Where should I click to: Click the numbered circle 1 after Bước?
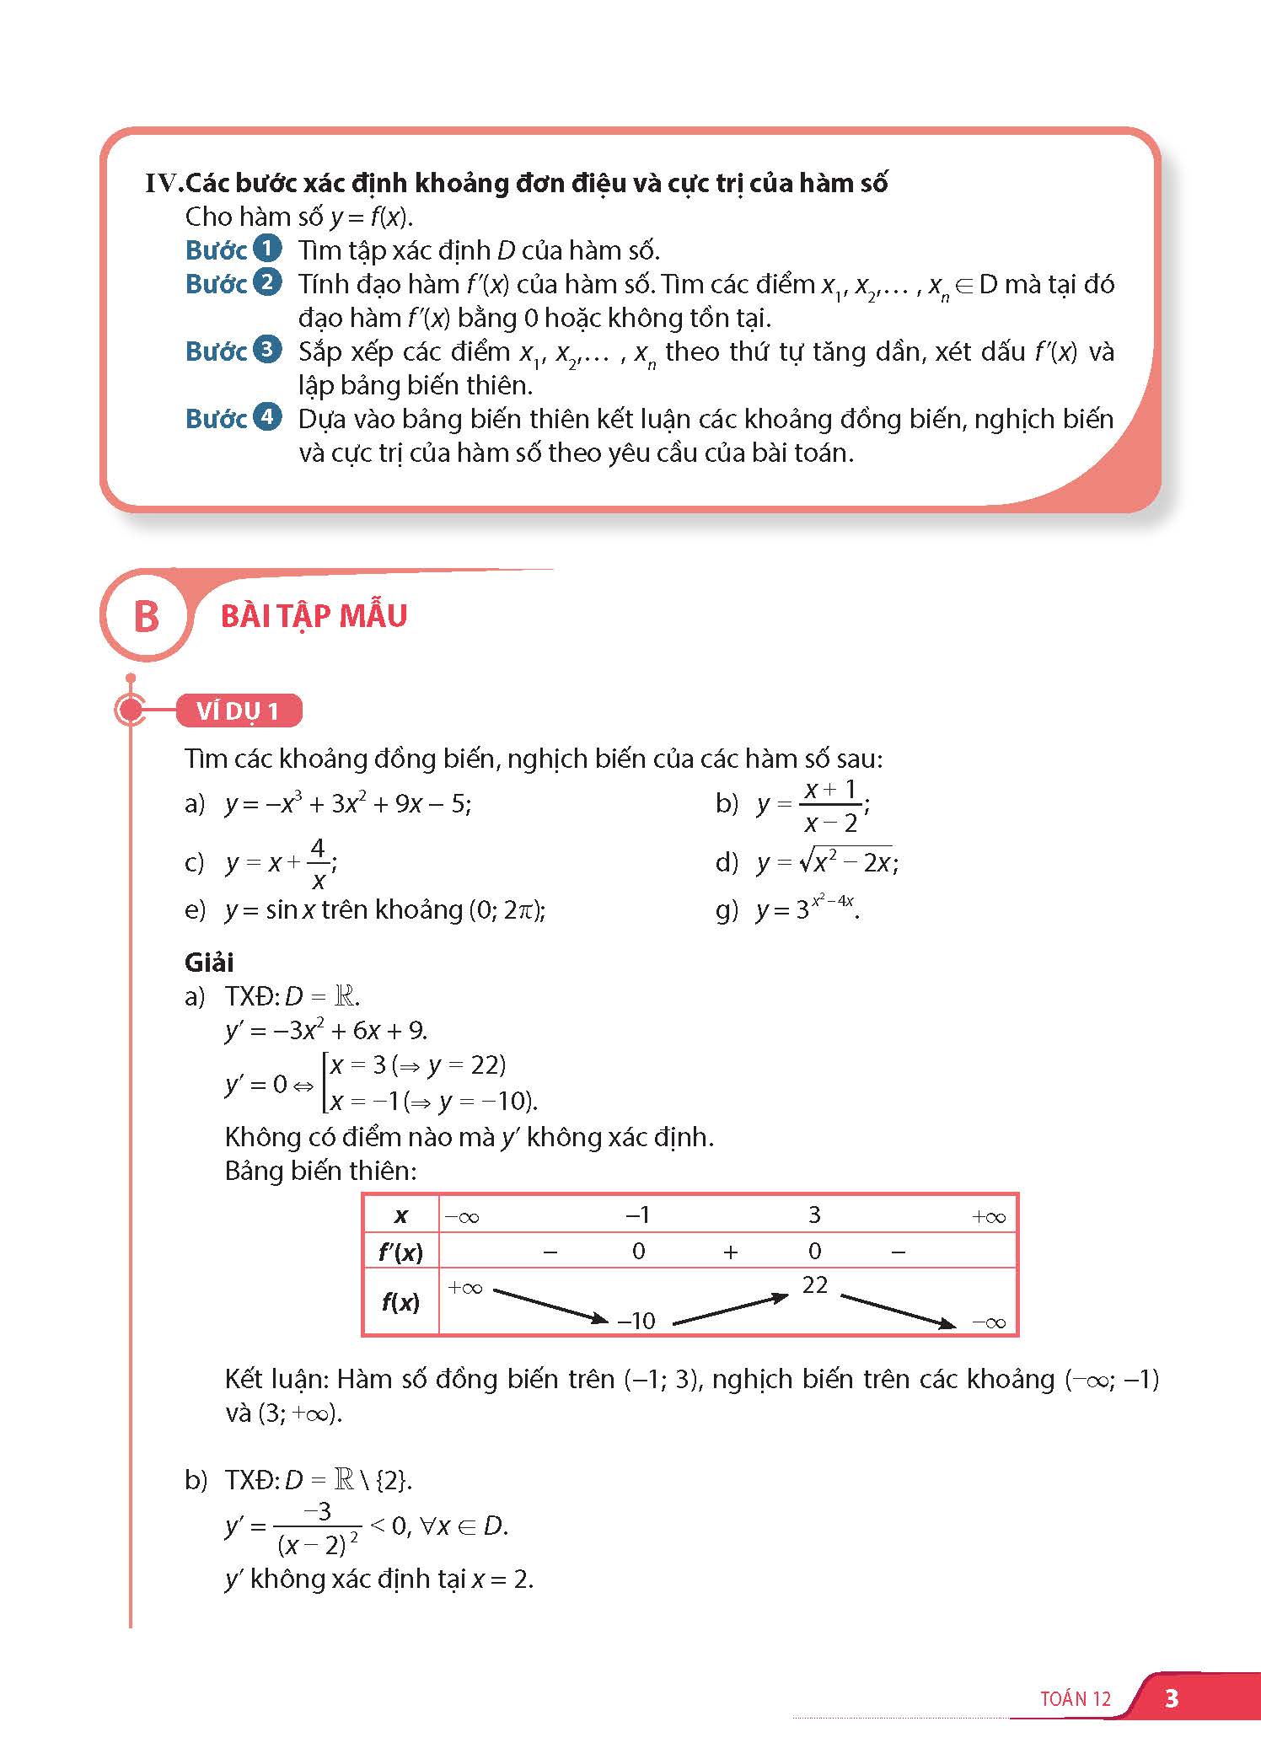click(x=267, y=249)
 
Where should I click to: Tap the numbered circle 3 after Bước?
click(x=267, y=350)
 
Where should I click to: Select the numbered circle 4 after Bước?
click(x=267, y=417)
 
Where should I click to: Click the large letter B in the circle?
click(x=147, y=616)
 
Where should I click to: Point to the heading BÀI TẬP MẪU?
click(x=314, y=616)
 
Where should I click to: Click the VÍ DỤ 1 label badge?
click(x=239, y=711)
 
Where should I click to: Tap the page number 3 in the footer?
click(x=1171, y=1697)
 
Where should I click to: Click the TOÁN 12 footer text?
click(x=1076, y=1698)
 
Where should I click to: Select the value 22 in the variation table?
click(x=815, y=1284)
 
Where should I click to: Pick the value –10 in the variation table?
click(x=636, y=1321)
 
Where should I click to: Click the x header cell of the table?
click(x=401, y=1215)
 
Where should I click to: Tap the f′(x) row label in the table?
click(x=401, y=1252)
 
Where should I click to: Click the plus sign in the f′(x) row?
click(x=730, y=1252)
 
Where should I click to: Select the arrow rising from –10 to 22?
click(x=730, y=1309)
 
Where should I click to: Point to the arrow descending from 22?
click(x=899, y=1311)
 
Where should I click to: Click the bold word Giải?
click(x=209, y=962)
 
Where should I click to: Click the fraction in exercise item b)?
click(x=829, y=806)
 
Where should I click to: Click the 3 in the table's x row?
click(x=814, y=1215)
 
